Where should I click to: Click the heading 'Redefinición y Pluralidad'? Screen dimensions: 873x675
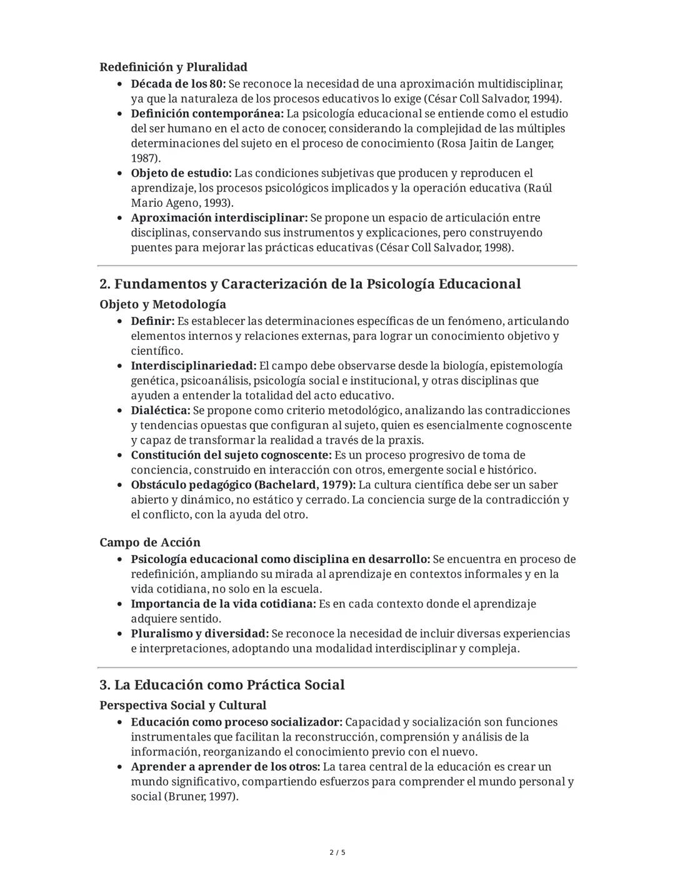pyautogui.click(x=173, y=67)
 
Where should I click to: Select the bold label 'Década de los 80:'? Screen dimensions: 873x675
pyautogui.click(x=177, y=84)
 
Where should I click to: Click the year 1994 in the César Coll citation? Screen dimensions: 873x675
pyautogui.click(x=545, y=99)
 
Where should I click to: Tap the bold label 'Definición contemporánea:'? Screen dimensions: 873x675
pyautogui.click(x=207, y=114)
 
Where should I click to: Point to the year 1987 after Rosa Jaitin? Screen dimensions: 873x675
pyautogui.click(x=144, y=158)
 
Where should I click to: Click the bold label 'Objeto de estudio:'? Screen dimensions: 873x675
pyautogui.click(x=181, y=173)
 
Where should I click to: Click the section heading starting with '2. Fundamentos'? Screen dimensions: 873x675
pyautogui.click(x=310, y=284)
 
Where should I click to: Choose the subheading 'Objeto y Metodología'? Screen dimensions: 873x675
pyautogui.click(x=162, y=304)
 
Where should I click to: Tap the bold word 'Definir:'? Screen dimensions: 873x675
pyautogui.click(x=152, y=321)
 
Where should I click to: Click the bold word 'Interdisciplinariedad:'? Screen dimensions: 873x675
pyautogui.click(x=193, y=366)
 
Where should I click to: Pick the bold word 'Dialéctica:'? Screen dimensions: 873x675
pyautogui.click(x=160, y=411)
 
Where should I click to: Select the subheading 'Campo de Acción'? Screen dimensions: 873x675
pyautogui.click(x=150, y=542)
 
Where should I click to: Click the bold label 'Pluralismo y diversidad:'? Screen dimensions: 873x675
pyautogui.click(x=199, y=634)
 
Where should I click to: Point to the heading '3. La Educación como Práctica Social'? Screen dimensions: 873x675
pyautogui.click(x=222, y=685)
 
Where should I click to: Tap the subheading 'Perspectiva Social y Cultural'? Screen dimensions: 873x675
pyautogui.click(x=182, y=706)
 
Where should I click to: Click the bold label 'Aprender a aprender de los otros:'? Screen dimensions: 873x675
pyautogui.click(x=225, y=767)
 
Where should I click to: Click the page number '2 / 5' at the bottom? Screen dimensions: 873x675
pyautogui.click(x=337, y=852)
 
